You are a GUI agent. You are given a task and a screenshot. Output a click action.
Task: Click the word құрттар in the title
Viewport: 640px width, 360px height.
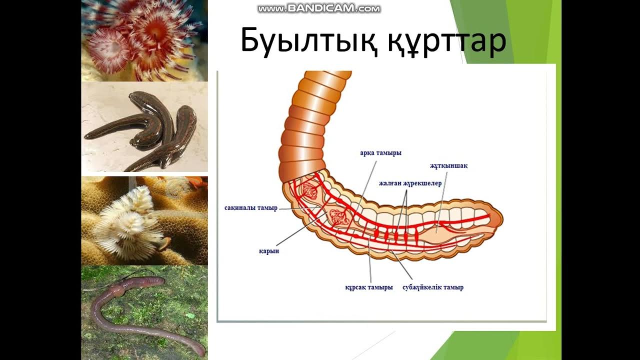tap(446, 41)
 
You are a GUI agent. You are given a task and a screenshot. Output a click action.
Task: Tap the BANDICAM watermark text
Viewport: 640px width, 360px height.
tap(319, 8)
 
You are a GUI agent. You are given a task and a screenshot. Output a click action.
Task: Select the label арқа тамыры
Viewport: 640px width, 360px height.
tap(380, 153)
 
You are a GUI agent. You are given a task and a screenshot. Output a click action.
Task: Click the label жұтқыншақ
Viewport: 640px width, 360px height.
tap(448, 166)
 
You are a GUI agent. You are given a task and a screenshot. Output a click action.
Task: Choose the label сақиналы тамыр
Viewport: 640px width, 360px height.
tap(250, 208)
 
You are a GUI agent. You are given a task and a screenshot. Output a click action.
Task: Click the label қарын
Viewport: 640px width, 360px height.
tap(269, 251)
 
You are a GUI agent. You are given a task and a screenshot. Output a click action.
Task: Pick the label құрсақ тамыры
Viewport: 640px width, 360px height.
tap(369, 287)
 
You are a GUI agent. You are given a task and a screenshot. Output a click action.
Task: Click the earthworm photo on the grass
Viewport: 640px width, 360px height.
tap(144, 312)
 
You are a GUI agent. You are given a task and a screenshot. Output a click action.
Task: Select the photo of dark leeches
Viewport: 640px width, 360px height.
tap(144, 127)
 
